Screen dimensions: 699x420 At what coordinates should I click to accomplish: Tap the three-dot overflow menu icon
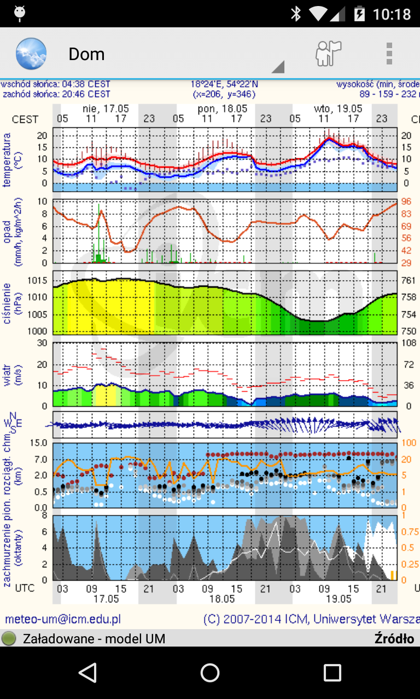pyautogui.click(x=389, y=54)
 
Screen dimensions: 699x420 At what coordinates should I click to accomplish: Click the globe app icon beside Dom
pyautogui.click(x=31, y=54)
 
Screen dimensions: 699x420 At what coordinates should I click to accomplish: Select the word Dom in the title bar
pyautogui.click(x=86, y=54)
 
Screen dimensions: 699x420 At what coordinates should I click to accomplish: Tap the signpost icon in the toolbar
pyautogui.click(x=328, y=54)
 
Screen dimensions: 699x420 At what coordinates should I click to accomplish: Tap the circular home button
pyautogui.click(x=210, y=673)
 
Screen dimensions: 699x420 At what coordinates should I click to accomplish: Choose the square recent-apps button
pyautogui.click(x=332, y=673)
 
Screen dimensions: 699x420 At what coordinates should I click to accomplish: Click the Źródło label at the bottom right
pyautogui.click(x=394, y=638)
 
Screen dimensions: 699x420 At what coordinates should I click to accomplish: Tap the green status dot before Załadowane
pyautogui.click(x=9, y=638)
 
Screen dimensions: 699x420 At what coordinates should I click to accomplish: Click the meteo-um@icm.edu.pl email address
pyautogui.click(x=63, y=619)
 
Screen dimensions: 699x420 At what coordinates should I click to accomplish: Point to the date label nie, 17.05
pyautogui.click(x=106, y=109)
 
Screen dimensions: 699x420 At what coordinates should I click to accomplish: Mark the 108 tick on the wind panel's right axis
pyautogui.click(x=408, y=343)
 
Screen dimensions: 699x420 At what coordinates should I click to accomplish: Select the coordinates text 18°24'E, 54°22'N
pyautogui.click(x=224, y=85)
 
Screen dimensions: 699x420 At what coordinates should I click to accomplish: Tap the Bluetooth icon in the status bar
pyautogui.click(x=296, y=14)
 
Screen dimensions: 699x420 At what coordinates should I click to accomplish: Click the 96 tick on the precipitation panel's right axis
pyautogui.click(x=406, y=201)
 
